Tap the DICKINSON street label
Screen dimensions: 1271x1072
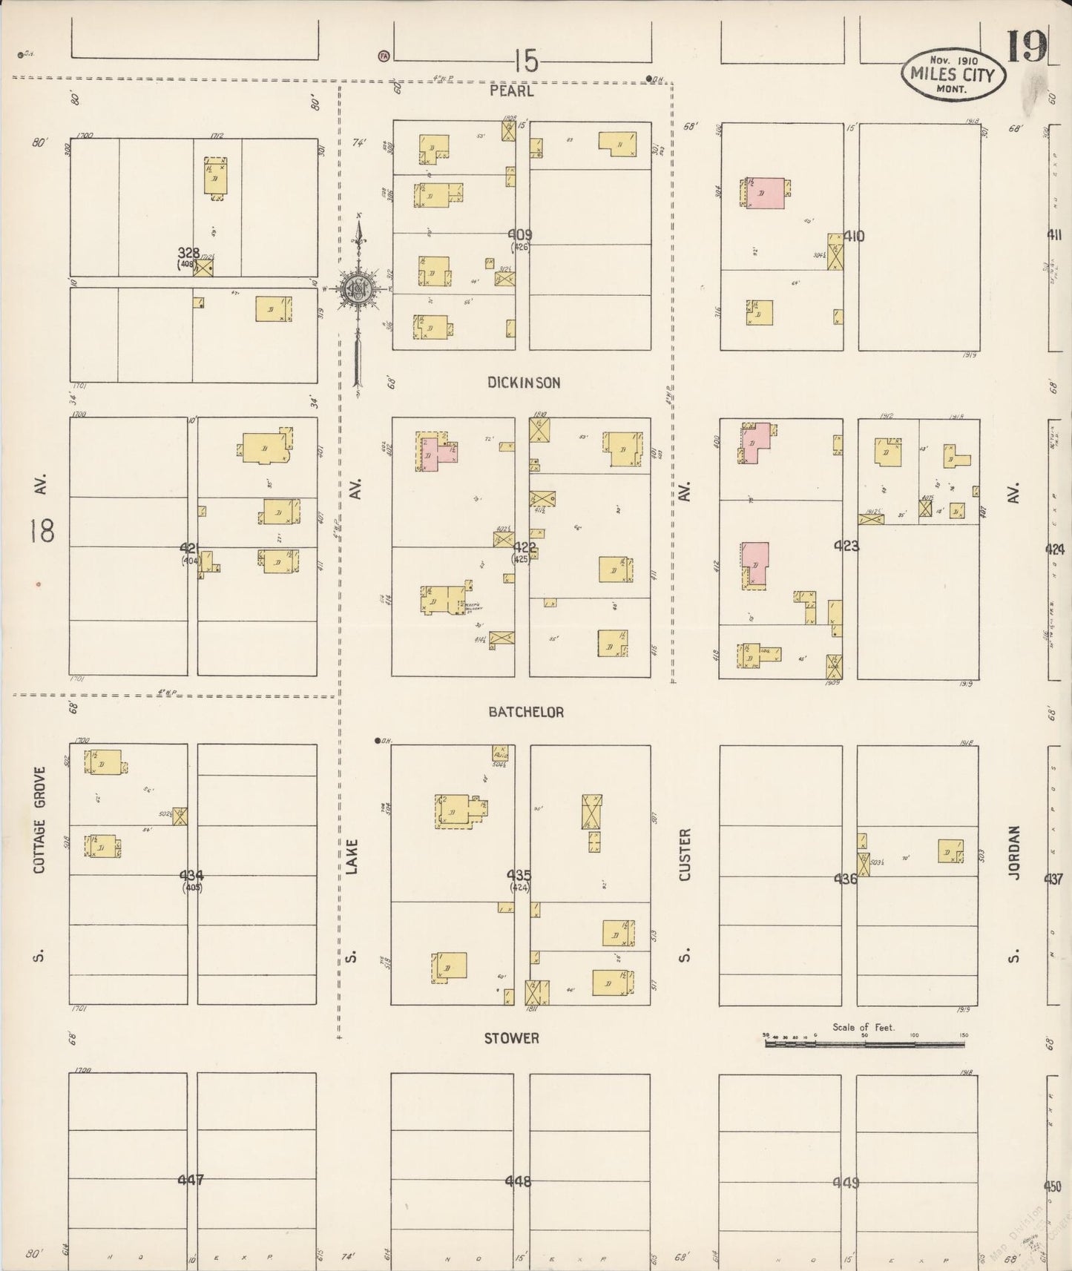(524, 383)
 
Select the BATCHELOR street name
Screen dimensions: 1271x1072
(526, 712)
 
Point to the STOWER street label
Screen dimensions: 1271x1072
(511, 1038)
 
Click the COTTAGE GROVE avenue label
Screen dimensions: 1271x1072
(39, 819)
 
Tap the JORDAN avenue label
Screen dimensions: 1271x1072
(1014, 853)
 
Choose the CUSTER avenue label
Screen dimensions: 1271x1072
(685, 855)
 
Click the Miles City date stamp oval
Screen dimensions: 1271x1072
(953, 74)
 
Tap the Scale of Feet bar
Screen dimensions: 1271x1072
(865, 1043)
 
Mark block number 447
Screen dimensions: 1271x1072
(191, 1180)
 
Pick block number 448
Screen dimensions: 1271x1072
(518, 1181)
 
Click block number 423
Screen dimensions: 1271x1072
(846, 547)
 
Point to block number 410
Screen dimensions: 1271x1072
(854, 237)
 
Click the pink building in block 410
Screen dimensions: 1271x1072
(766, 192)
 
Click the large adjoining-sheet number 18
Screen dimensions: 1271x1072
(43, 530)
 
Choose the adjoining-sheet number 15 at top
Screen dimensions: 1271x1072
(525, 61)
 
